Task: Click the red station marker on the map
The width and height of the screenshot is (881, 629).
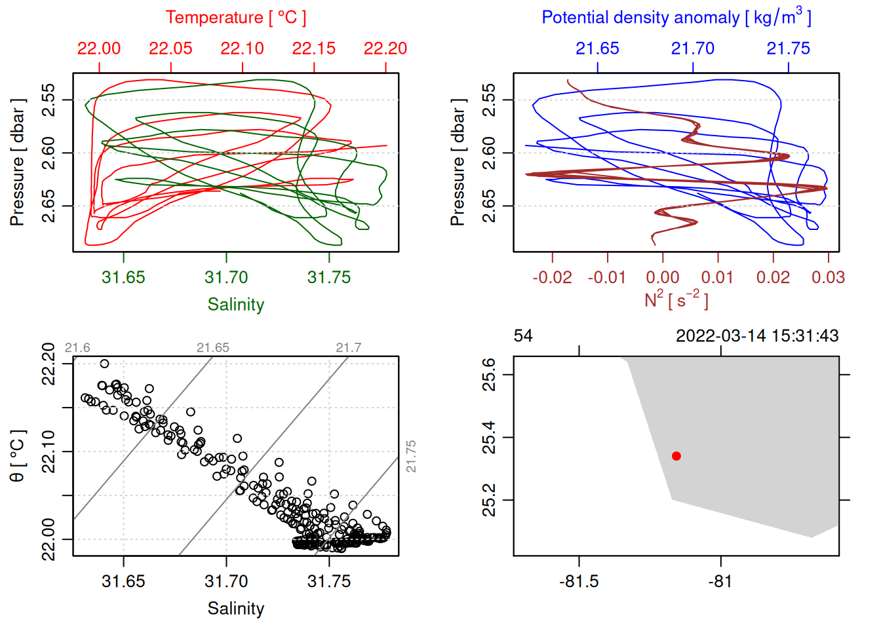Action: click(676, 456)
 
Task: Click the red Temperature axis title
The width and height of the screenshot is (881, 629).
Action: click(235, 18)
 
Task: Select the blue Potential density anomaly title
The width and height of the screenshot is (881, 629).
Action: click(676, 18)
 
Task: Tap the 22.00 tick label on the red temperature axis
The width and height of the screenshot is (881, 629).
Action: click(99, 48)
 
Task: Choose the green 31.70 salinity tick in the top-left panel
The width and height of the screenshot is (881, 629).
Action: click(226, 277)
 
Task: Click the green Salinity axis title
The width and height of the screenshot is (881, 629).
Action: click(235, 305)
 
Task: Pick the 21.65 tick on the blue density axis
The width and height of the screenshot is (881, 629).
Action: click(597, 48)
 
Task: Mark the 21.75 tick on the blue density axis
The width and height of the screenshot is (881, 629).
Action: click(788, 48)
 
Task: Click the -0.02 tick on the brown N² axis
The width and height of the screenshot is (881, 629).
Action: click(552, 277)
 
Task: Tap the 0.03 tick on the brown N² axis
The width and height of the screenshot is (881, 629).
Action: click(828, 277)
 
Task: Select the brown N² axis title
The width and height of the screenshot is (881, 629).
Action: click(676, 299)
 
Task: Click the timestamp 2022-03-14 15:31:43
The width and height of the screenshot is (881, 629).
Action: click(757, 336)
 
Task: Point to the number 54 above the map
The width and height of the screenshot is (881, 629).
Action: click(523, 336)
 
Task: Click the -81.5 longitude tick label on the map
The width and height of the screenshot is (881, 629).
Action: click(579, 581)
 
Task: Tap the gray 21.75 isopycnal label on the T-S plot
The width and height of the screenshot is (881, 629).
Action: click(411, 456)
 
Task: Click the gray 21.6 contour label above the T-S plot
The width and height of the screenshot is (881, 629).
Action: click(77, 348)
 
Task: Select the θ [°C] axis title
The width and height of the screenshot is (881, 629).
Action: click(18, 456)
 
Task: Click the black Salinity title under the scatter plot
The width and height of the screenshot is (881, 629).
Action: click(235, 609)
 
